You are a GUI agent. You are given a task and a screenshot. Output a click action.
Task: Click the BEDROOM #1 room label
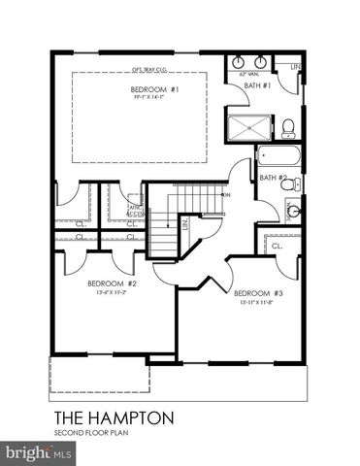[149, 89]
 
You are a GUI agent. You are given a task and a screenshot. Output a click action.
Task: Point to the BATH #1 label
[256, 85]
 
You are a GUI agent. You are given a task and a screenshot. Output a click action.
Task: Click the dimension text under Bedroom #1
[149, 98]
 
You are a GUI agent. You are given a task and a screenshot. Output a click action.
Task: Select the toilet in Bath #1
[288, 127]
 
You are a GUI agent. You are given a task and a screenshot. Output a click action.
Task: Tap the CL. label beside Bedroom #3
[277, 247]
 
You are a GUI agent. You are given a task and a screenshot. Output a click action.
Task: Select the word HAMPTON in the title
[133, 417]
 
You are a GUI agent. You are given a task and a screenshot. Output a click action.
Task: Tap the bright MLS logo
[39, 452]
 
